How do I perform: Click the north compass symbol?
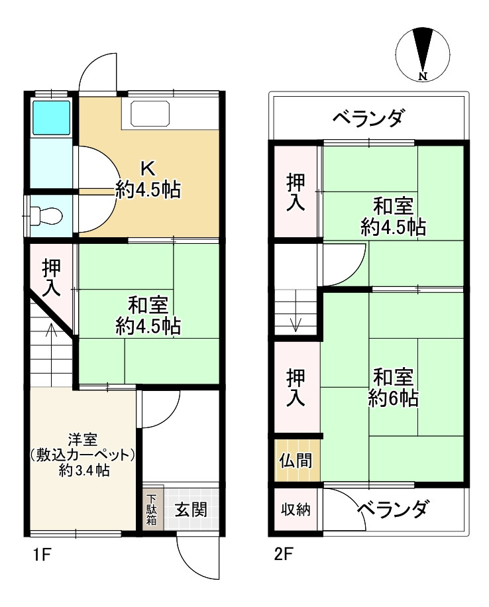421,53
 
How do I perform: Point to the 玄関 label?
190,510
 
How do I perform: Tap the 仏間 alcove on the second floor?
296,460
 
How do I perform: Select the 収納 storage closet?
296,510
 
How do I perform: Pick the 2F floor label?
284,555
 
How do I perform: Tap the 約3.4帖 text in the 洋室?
83,471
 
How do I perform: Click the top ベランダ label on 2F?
368,119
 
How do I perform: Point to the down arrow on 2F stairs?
296,322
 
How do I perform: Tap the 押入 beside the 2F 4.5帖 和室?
296,192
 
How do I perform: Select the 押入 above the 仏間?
296,387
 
